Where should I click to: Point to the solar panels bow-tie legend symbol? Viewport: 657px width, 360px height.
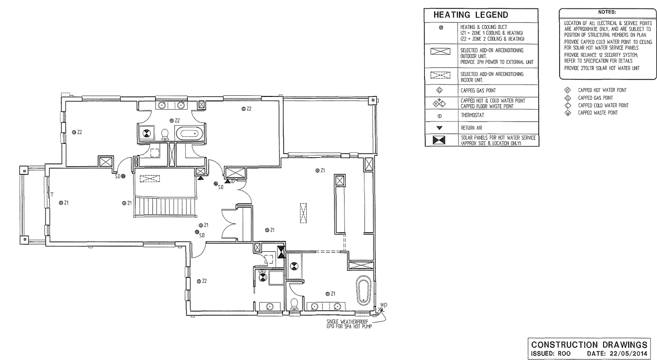pos(440,140)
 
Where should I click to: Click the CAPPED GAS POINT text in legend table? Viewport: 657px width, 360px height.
pos(478,91)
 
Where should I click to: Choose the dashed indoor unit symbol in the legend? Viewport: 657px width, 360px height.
pos(440,76)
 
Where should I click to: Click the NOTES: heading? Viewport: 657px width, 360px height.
pos(606,12)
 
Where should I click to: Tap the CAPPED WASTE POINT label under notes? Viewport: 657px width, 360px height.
pos(597,113)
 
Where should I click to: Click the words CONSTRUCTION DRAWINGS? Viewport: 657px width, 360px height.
pos(589,345)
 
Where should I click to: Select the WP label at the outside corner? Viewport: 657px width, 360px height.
pos(384,305)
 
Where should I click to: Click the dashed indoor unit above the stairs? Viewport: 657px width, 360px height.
pos(150,179)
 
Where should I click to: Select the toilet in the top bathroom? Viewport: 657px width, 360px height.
pos(165,134)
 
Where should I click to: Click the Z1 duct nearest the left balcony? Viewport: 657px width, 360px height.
pos(61,203)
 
